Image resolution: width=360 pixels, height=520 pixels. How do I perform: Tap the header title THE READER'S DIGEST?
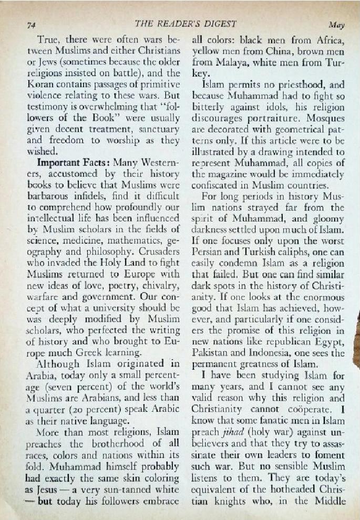coord(186,24)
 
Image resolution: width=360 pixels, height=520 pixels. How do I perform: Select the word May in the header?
coord(336,25)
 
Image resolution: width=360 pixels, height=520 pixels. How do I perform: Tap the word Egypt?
coord(331,341)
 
